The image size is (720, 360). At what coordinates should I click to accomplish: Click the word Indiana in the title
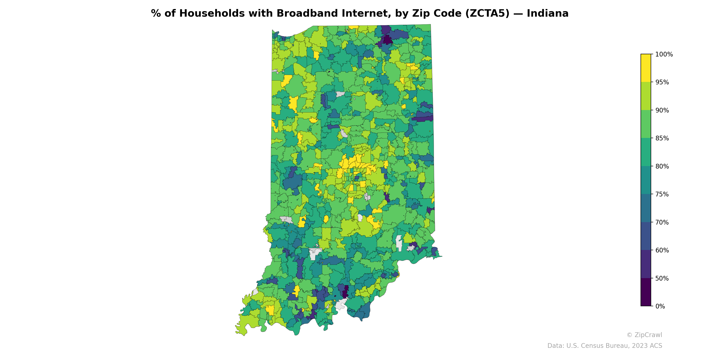pos(548,13)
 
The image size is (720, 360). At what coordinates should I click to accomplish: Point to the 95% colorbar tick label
pos(662,82)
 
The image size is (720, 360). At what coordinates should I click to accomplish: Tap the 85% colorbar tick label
pos(662,138)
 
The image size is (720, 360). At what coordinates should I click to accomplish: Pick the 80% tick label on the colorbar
pos(662,166)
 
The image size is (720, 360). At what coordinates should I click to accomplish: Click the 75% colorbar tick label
pos(662,194)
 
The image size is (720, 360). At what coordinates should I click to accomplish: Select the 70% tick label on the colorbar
pos(662,223)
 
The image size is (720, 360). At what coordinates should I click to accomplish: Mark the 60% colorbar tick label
pos(662,250)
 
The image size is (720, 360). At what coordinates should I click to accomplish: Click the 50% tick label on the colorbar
pos(662,278)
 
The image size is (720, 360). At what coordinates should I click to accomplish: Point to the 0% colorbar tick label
pos(660,306)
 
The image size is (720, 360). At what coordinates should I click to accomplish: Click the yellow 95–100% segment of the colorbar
pos(646,68)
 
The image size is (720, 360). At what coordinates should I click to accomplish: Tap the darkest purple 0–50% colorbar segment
pos(646,292)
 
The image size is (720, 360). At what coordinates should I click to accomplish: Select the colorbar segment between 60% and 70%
pos(646,236)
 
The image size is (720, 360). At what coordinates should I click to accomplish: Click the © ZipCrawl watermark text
pos(644,335)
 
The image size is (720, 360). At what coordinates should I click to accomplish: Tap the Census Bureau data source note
pos(605,346)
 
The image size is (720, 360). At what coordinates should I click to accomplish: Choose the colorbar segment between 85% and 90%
pos(646,124)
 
